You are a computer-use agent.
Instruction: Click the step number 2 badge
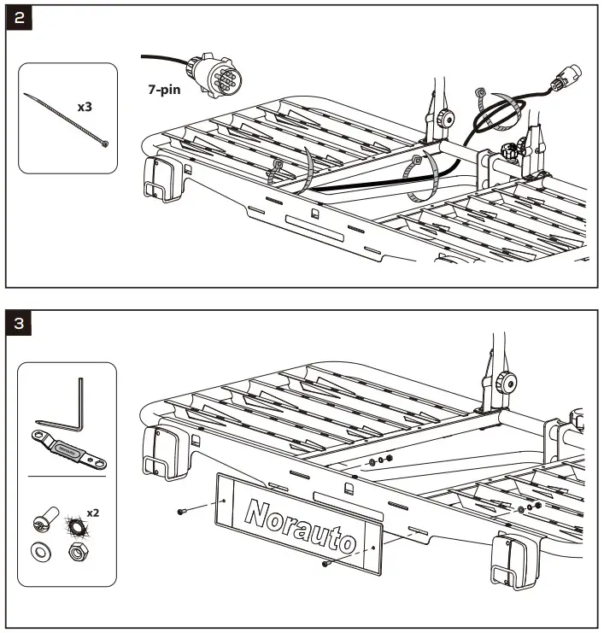point(20,20)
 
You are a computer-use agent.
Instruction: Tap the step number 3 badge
point(20,325)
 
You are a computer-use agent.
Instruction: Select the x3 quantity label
point(85,108)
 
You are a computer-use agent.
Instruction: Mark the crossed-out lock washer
point(73,523)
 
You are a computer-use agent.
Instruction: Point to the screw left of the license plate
point(183,511)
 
